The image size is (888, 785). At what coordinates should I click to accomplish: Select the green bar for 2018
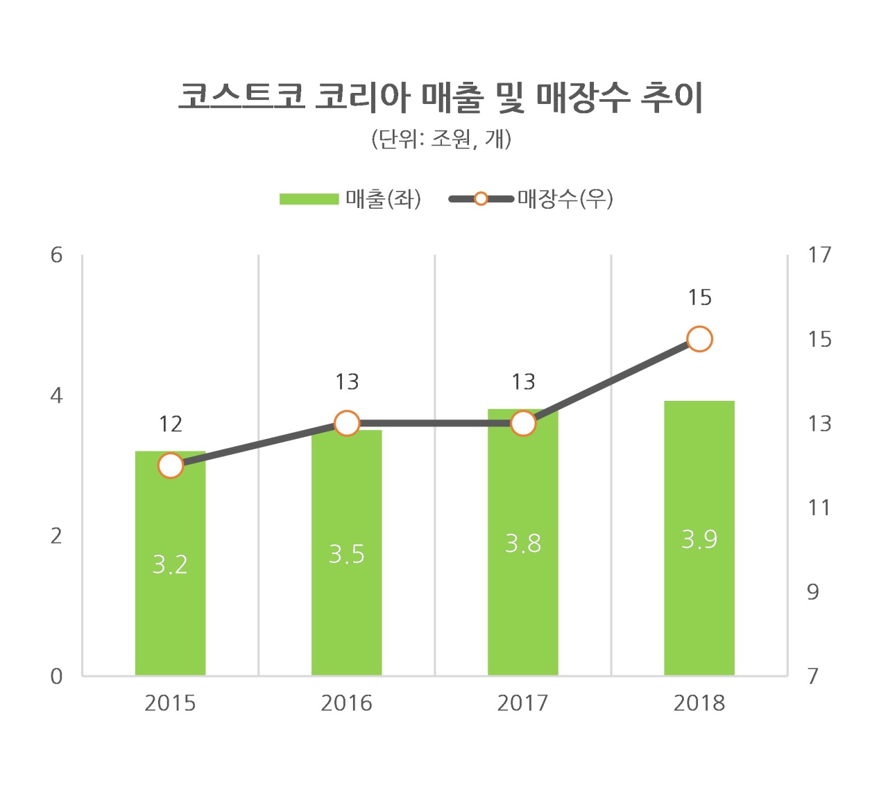699,538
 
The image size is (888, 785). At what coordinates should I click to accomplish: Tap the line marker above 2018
699,339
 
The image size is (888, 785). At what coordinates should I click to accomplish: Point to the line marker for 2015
171,465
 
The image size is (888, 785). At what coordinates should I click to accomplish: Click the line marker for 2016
347,424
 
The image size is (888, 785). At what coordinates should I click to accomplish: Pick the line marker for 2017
523,424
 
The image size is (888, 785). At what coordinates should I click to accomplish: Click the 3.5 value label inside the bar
346,554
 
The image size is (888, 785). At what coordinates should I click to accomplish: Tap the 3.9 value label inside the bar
699,540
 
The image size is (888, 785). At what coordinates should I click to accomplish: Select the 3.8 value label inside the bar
523,544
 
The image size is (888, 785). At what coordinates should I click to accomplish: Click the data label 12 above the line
171,424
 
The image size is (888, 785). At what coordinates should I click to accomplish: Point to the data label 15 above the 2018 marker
699,297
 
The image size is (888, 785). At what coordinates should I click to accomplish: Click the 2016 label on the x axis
346,704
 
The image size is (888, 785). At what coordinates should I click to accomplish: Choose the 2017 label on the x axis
522,704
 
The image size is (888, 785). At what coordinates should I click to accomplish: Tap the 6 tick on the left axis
57,255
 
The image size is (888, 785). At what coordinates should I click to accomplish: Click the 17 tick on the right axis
819,255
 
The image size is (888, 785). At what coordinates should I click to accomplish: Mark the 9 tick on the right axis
812,592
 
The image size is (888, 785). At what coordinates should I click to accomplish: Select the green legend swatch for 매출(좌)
309,199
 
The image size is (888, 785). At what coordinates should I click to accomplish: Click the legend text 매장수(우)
565,199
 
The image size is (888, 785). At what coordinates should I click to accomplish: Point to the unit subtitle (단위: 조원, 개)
441,139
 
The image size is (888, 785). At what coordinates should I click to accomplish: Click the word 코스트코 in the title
241,96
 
